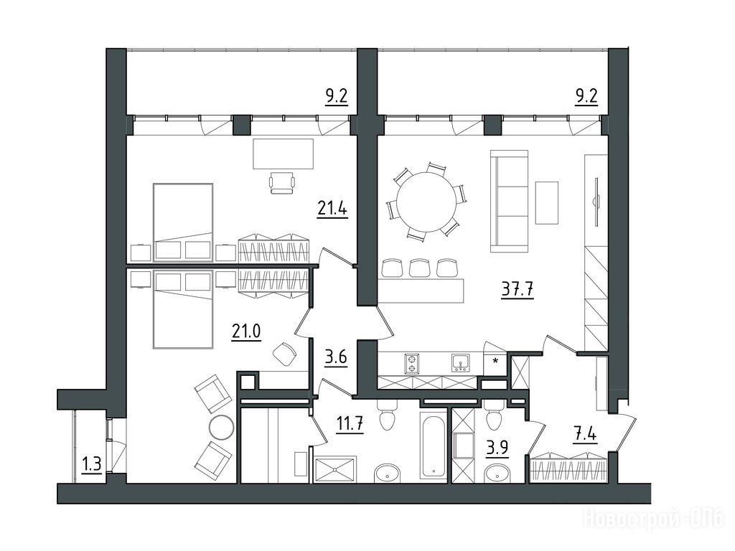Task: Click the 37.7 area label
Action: (x=518, y=290)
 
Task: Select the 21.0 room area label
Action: (x=246, y=331)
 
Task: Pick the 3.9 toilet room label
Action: (x=497, y=448)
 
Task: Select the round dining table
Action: (x=426, y=202)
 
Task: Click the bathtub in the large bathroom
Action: (x=433, y=445)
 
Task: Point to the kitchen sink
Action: (x=461, y=363)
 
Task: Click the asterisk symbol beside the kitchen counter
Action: (x=495, y=361)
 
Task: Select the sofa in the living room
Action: (x=509, y=201)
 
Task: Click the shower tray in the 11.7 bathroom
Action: (x=335, y=469)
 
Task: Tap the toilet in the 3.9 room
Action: (x=494, y=415)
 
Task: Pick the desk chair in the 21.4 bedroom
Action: (x=283, y=182)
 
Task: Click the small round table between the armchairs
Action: (x=221, y=427)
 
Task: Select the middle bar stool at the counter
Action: (x=419, y=268)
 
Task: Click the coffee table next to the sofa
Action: (x=546, y=202)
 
